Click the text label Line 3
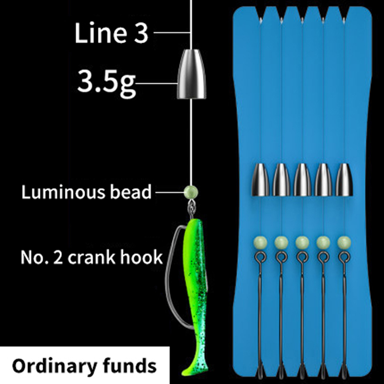111,33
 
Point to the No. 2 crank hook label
92,257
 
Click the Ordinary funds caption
84,366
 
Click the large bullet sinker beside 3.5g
192,74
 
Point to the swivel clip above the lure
192,208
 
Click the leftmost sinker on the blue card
260,180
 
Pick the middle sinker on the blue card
302,180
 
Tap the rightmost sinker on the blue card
344,180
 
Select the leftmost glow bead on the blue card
260,243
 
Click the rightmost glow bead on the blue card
344,243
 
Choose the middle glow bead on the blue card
302,243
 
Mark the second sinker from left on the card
281,180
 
